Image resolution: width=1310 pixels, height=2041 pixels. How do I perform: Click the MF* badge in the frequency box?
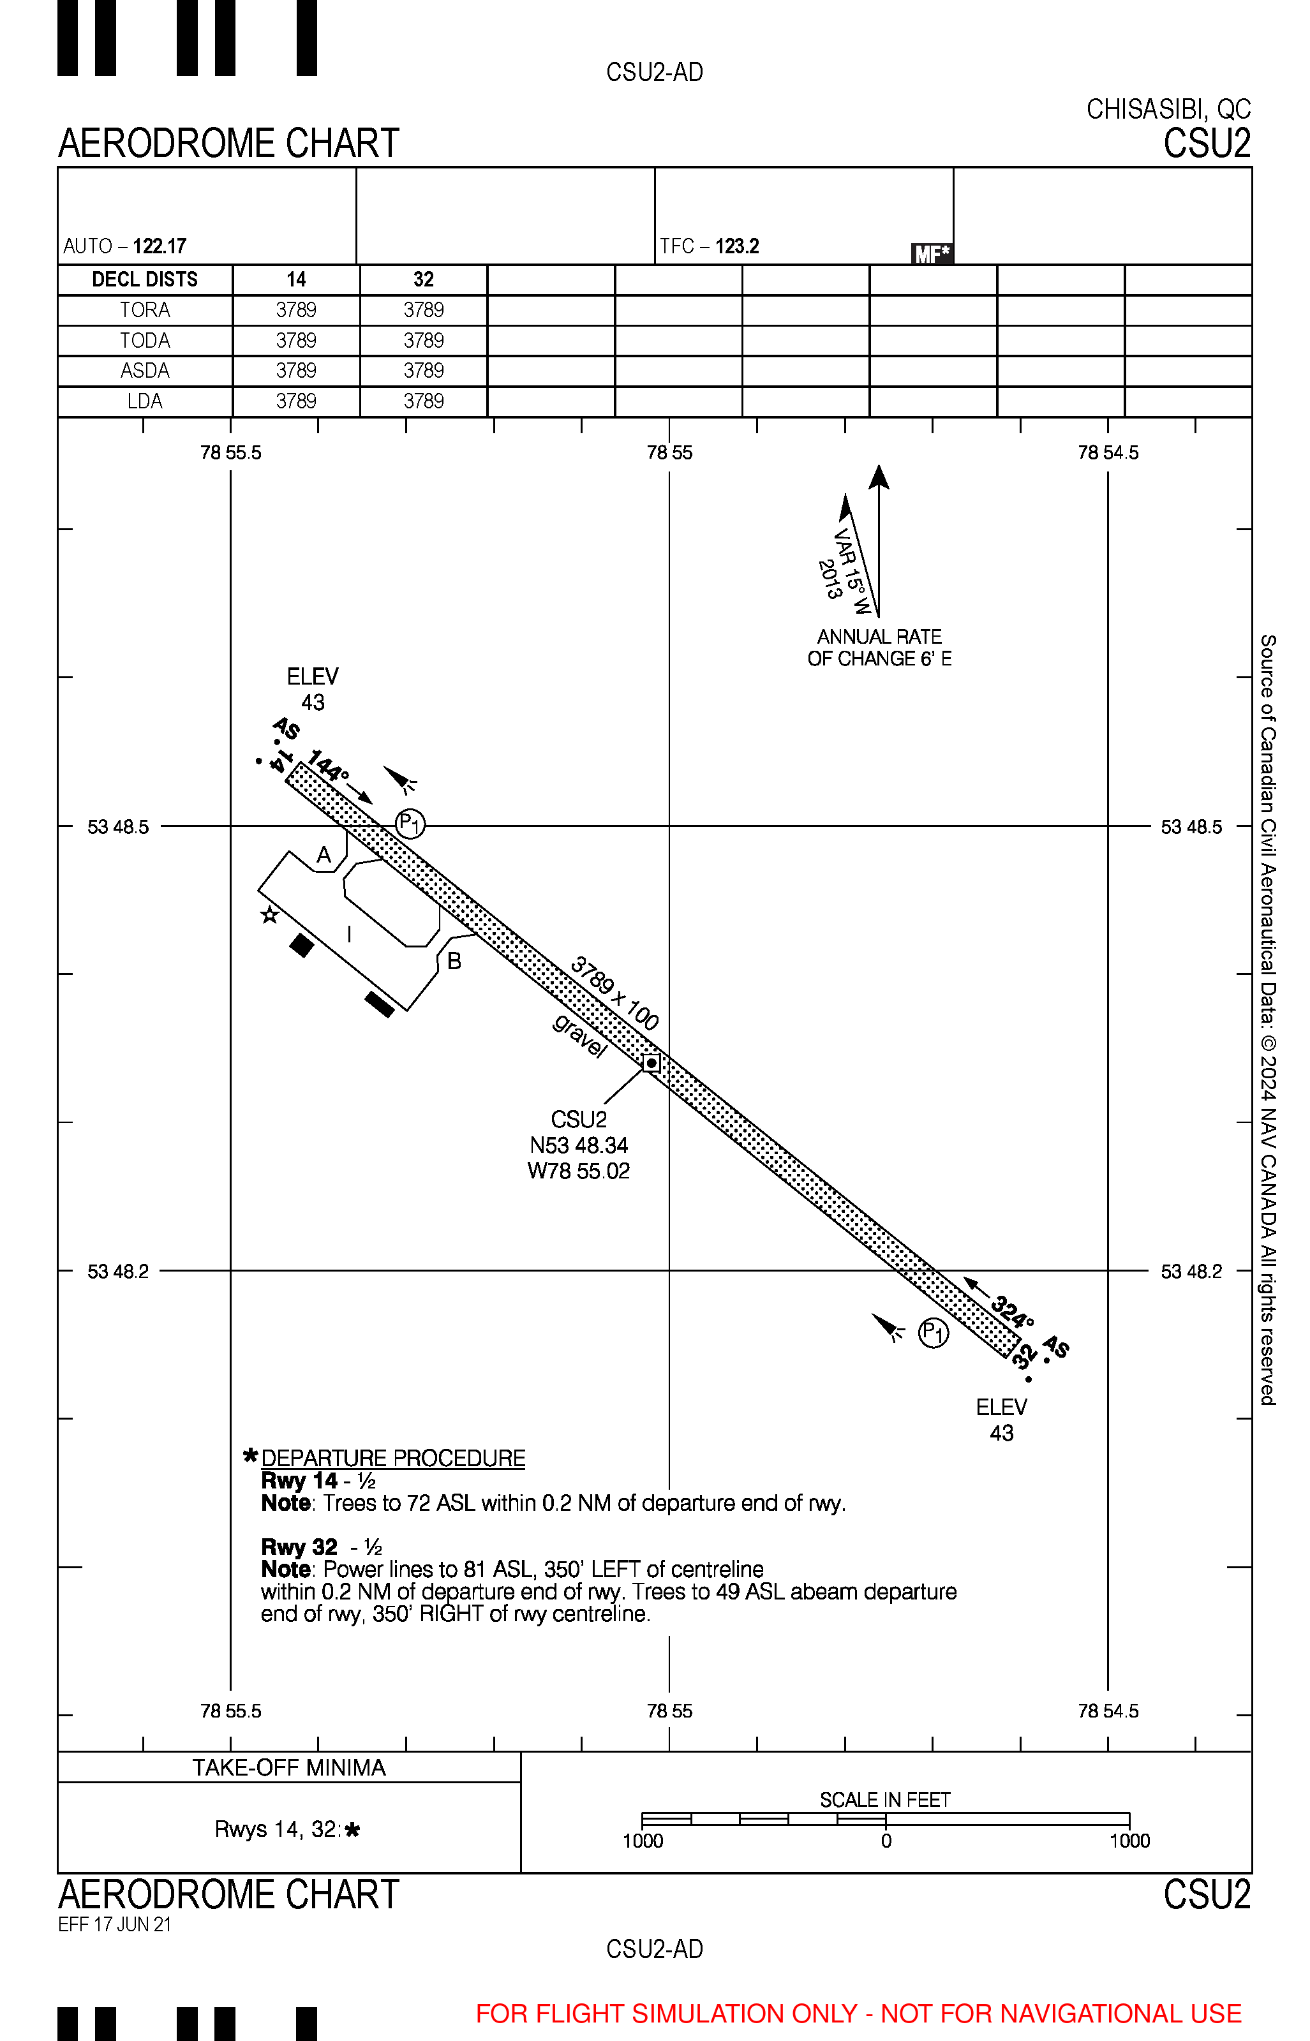tap(932, 253)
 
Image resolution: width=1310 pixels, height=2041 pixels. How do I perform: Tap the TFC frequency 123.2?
tap(736, 247)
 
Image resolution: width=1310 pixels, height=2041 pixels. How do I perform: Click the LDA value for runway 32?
tap(424, 401)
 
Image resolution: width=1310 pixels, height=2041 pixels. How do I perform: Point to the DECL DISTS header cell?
tap(145, 280)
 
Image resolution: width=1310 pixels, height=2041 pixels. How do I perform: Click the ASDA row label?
tap(145, 371)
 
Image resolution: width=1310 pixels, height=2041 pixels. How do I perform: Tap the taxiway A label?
tap(324, 856)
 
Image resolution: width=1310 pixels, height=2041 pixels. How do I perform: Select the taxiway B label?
tap(454, 961)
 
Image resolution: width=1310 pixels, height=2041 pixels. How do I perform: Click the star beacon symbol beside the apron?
tap(270, 915)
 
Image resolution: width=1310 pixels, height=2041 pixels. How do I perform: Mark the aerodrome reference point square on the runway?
tap(651, 1063)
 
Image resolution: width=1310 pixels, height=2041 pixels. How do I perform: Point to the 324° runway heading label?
tap(1012, 1311)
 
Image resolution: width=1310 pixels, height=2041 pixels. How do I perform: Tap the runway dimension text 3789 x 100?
tap(614, 993)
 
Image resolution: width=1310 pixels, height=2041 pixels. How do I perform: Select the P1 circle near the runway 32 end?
tap(933, 1333)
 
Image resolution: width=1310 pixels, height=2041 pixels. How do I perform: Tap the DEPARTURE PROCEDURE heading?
tap(393, 1458)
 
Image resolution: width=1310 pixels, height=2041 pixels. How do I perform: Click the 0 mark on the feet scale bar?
tap(886, 1841)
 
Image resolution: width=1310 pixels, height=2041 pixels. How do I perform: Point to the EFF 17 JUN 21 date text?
tap(115, 1924)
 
